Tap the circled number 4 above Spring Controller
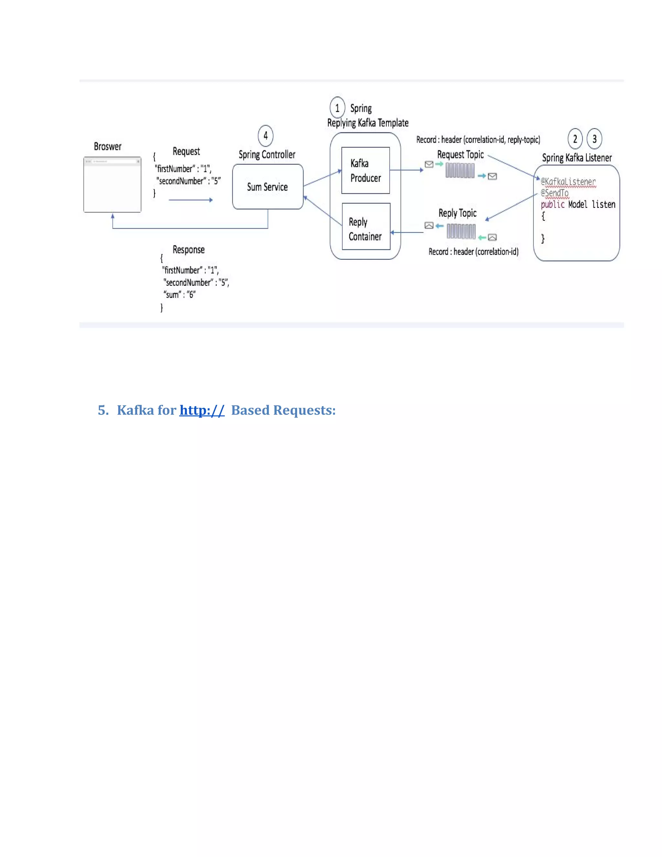tap(265, 136)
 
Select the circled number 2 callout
tap(575, 139)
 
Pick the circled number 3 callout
tap(594, 139)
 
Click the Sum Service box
tap(267, 187)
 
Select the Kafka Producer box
tap(366, 170)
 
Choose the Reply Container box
tap(366, 226)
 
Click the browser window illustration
tap(112, 185)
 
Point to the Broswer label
tap(107, 147)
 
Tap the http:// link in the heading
tap(202, 410)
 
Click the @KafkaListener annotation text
tap(568, 182)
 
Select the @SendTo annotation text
tap(555, 193)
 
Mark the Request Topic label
tap(460, 155)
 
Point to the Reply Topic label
tap(457, 213)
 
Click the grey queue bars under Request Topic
tap(460, 170)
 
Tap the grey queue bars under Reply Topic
tap(461, 232)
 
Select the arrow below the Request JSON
tap(191, 200)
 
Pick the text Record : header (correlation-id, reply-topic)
tap(478, 140)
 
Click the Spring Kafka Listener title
tap(577, 158)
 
